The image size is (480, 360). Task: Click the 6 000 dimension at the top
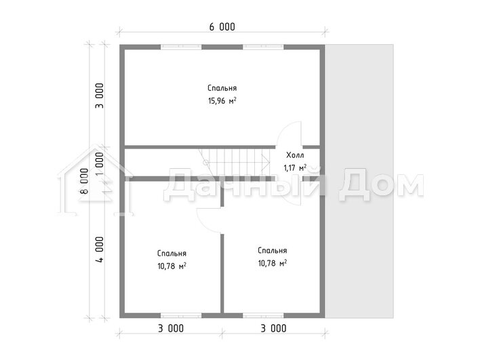click(222, 27)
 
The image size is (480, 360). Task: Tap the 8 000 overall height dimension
click(84, 181)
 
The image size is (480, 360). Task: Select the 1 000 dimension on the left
click(100, 164)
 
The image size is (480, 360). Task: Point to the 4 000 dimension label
click(100, 249)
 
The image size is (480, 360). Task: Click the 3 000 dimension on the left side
click(100, 96)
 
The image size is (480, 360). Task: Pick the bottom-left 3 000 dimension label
click(171, 328)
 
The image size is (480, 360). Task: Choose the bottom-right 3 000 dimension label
click(273, 328)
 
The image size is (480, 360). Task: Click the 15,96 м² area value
click(222, 101)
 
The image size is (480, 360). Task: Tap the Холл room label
click(295, 155)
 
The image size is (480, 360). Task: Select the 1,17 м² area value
click(295, 167)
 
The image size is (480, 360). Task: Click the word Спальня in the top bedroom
click(222, 88)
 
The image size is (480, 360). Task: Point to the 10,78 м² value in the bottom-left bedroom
click(172, 266)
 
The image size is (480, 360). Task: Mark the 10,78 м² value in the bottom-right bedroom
click(273, 263)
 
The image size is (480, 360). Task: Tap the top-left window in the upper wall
click(181, 47)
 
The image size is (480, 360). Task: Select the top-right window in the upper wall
click(263, 47)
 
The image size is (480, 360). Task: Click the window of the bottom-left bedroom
click(181, 315)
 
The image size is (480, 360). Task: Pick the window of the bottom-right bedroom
click(263, 315)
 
